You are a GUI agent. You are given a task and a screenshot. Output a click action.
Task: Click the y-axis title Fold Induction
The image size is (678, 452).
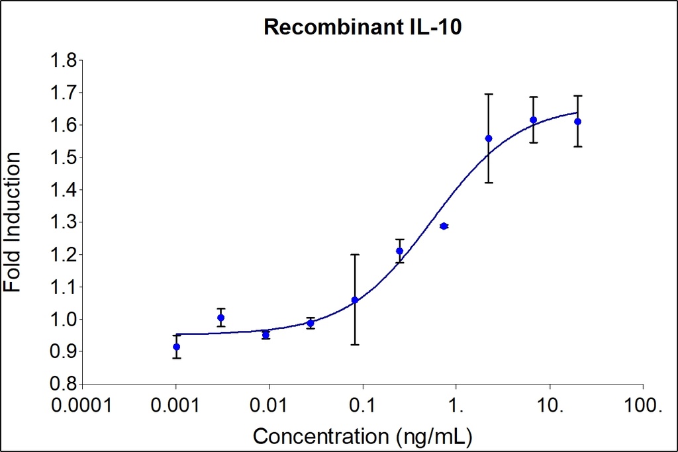(13, 222)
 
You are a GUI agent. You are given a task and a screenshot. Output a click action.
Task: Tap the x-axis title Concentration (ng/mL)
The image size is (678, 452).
(363, 436)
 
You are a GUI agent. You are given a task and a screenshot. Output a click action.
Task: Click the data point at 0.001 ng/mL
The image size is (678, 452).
(176, 347)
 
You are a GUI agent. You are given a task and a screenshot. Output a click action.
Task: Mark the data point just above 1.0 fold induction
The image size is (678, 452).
(220, 318)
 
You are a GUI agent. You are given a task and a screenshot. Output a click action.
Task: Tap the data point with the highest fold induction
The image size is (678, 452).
(533, 120)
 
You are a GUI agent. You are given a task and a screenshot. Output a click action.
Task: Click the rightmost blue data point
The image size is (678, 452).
(577, 122)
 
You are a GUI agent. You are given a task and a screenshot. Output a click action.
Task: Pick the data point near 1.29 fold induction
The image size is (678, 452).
(444, 226)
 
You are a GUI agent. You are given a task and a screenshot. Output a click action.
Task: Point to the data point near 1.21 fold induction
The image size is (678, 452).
(399, 251)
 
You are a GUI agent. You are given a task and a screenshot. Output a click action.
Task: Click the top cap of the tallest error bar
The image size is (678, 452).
(489, 94)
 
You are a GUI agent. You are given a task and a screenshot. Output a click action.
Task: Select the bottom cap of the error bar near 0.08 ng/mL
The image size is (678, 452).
(355, 344)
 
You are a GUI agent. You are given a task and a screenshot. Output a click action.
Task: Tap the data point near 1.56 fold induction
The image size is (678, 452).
(489, 138)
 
